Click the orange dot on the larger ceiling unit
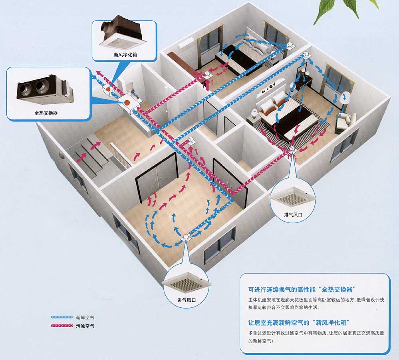(127, 103)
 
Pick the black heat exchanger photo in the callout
(44, 90)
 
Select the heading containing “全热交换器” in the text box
(302, 289)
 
